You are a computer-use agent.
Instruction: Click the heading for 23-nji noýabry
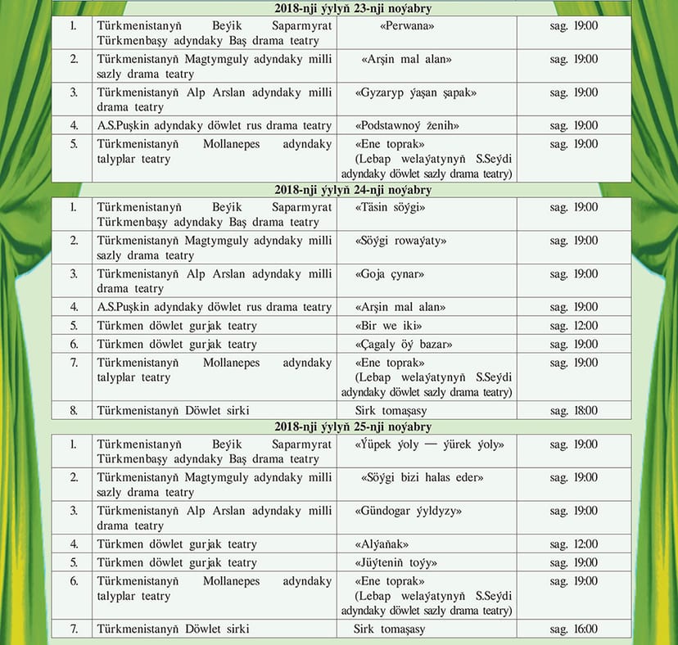click(x=341, y=9)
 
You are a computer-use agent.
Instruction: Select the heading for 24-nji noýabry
click(x=341, y=190)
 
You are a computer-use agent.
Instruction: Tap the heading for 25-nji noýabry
click(x=341, y=427)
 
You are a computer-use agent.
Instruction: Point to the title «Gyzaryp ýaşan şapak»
click(x=416, y=92)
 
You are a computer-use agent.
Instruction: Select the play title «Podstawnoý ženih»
click(x=407, y=126)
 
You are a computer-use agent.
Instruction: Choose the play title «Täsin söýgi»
click(x=391, y=207)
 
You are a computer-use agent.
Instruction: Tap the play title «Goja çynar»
click(x=390, y=274)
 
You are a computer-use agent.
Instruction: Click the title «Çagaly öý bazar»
click(x=404, y=344)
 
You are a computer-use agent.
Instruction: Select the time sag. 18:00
click(x=573, y=411)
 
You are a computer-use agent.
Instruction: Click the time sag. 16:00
click(x=573, y=629)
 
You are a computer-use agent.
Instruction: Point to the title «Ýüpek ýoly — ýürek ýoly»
click(x=429, y=444)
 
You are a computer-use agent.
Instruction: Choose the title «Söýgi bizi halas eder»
click(x=422, y=477)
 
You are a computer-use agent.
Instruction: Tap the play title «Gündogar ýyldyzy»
click(x=409, y=511)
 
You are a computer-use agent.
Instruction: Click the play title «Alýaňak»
click(x=382, y=544)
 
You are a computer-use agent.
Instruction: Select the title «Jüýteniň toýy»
click(x=396, y=562)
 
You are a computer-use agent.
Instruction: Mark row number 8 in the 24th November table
click(x=74, y=411)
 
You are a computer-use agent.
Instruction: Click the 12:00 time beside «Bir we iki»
click(x=573, y=326)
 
